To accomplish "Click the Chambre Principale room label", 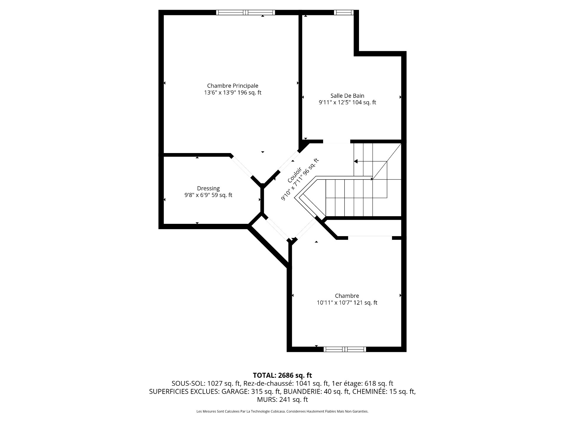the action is (232, 86).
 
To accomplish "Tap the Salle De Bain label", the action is (347, 96).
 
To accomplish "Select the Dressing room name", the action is (208, 189).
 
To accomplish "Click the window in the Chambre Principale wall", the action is (245, 12).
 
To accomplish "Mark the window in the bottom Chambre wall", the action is (345, 349).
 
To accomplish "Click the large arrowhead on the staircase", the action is (356, 161).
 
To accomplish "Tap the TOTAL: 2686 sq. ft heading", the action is (282, 375).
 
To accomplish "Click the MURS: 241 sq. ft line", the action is (282, 399).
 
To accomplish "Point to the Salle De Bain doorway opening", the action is (337, 142).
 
